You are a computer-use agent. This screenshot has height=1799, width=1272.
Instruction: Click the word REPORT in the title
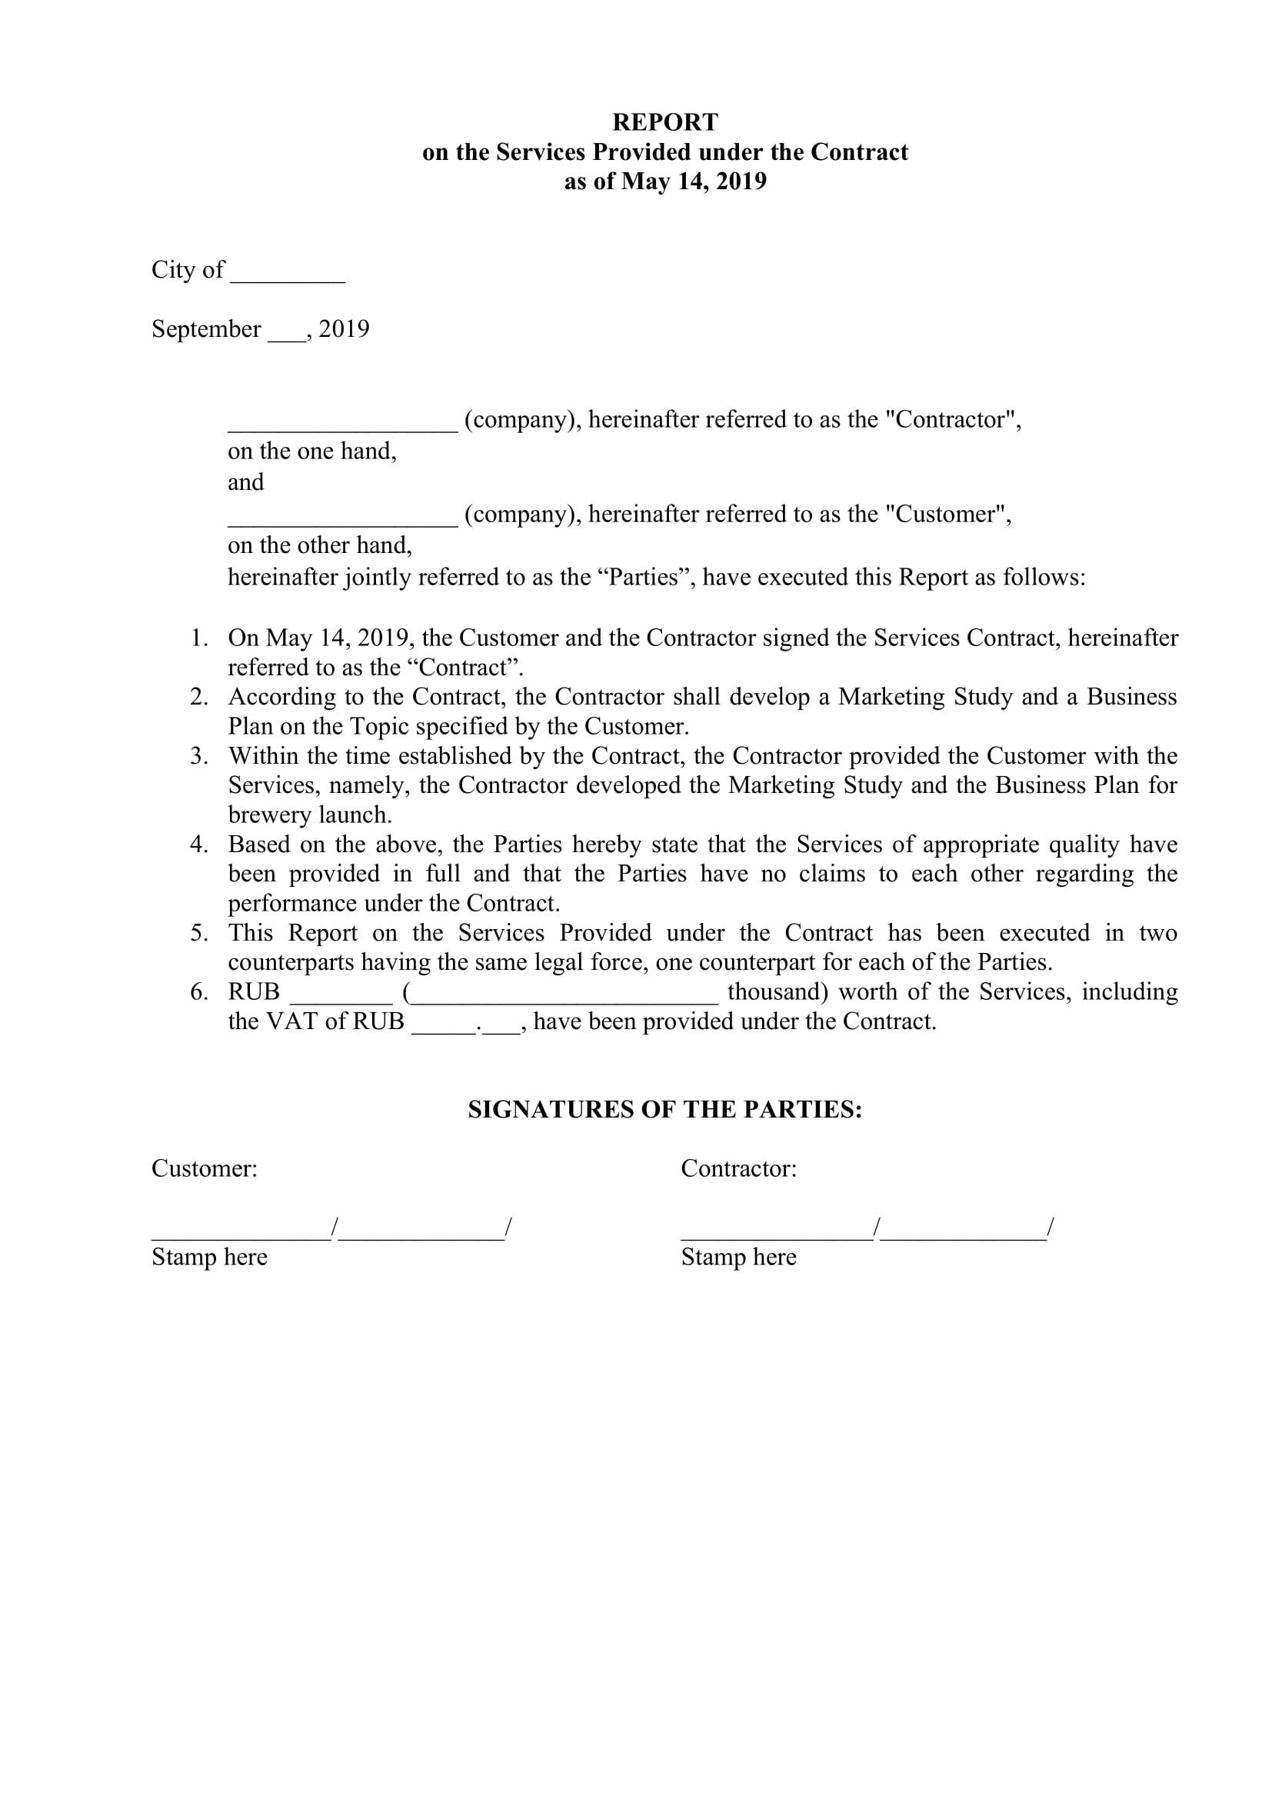tap(664, 122)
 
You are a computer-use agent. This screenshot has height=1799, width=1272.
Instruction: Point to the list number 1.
tap(199, 638)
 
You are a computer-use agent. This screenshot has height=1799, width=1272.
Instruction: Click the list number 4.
tap(199, 845)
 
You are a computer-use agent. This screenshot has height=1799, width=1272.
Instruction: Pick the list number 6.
tap(199, 992)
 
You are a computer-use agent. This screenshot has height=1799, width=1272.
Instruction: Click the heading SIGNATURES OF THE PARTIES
tap(664, 1110)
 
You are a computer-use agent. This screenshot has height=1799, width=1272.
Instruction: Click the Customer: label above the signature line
tap(205, 1169)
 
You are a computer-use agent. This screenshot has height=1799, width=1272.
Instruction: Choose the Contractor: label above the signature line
tap(738, 1169)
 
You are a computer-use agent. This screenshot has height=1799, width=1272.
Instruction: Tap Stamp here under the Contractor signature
tap(738, 1257)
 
